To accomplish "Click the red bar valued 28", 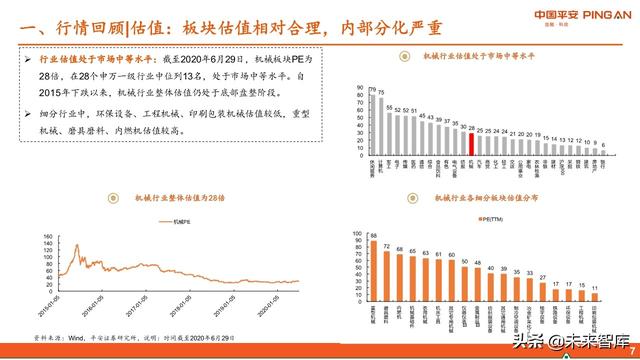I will (x=471, y=146).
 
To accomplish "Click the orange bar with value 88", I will (x=373, y=268).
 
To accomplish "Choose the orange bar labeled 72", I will (x=386, y=274).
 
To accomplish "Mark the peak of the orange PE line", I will (x=73, y=242).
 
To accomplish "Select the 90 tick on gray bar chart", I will (x=356, y=83).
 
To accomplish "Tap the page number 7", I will (x=631, y=347).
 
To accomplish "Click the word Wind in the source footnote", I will (x=70, y=337).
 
